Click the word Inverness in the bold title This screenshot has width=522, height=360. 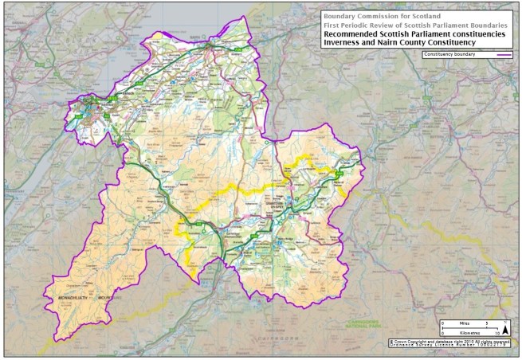[343, 43]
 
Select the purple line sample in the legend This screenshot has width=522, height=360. [504, 55]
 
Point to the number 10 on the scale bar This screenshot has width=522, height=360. [496, 333]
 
